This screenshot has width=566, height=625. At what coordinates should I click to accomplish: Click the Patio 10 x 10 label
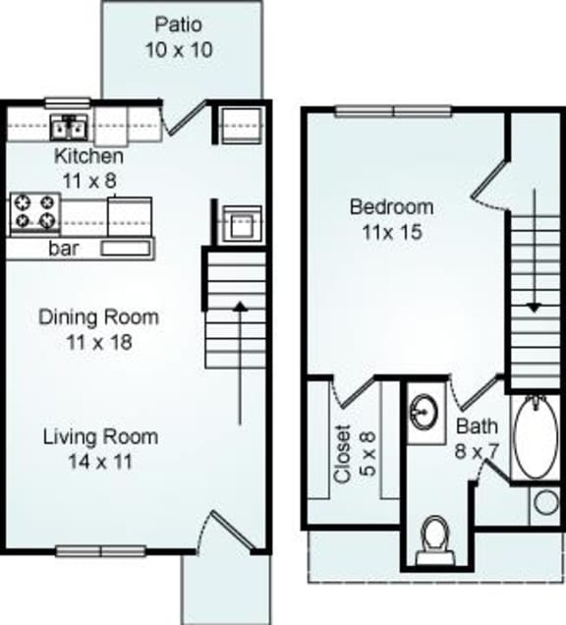click(182, 36)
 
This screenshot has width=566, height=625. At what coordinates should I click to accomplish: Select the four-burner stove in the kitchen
click(35, 213)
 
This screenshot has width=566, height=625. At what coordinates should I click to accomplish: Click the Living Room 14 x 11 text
click(99, 448)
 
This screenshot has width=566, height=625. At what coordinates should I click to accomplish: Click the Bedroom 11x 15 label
click(391, 220)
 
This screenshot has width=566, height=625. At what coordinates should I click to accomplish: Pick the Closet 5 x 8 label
click(354, 453)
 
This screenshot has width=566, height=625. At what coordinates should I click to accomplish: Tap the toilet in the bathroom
click(432, 539)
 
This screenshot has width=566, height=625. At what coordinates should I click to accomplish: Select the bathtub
click(536, 437)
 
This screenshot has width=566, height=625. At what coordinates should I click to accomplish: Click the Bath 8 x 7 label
click(477, 438)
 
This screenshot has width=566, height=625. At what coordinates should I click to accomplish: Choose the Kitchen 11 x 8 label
click(88, 167)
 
